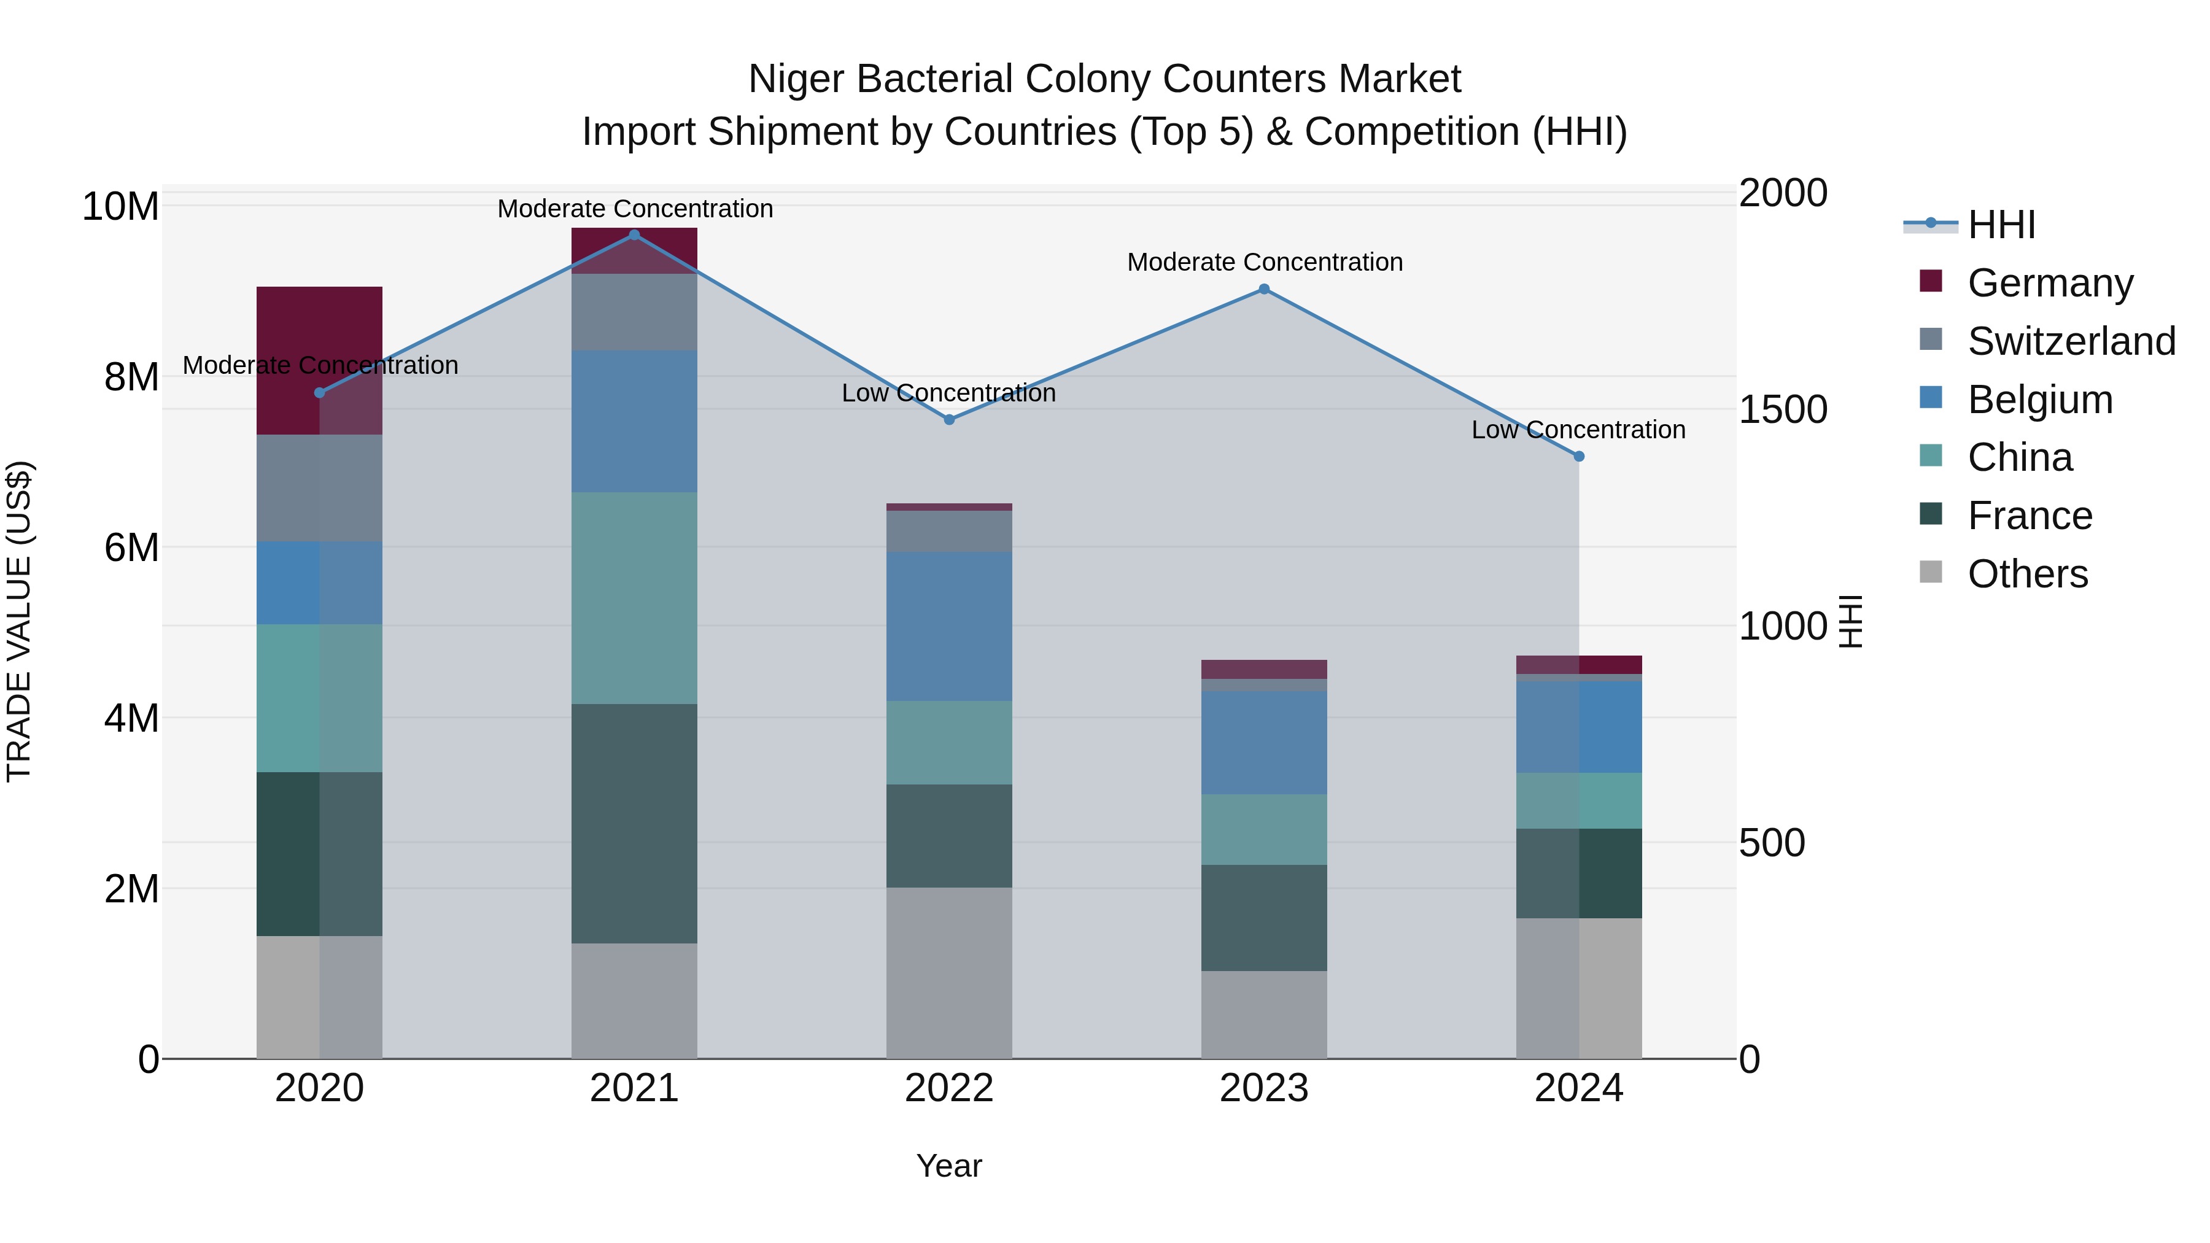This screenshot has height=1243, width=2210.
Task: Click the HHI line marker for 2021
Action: coord(634,235)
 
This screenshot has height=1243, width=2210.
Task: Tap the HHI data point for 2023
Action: coord(1264,289)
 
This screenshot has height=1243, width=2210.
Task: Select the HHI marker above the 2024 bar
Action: coord(1578,456)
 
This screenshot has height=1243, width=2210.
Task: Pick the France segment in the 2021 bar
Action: coord(634,824)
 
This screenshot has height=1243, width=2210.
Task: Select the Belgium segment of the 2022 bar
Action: coord(949,626)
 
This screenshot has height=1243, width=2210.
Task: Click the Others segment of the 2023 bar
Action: coord(1264,1014)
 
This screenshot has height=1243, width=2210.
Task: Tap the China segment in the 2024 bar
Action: coord(1578,800)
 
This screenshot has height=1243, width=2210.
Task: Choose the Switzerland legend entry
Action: coord(2071,341)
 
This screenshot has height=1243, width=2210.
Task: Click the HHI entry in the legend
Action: coord(2001,225)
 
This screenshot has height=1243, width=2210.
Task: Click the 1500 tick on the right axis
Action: coord(1783,409)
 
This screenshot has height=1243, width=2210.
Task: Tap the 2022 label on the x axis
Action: coord(949,1088)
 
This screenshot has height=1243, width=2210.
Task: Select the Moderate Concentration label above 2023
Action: coord(1265,263)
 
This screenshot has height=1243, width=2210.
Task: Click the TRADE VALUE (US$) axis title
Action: coord(19,621)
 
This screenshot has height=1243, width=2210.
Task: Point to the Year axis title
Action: coord(949,1166)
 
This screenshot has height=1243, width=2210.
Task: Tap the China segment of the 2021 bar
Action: coord(634,598)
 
